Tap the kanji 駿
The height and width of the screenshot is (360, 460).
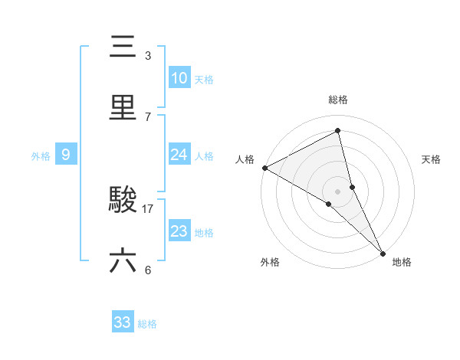tap(123, 201)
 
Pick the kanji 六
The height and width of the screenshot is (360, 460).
tap(123, 261)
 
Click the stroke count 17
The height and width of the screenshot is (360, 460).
tap(148, 208)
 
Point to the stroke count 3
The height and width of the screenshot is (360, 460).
tap(148, 55)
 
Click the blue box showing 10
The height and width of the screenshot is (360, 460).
tap(179, 78)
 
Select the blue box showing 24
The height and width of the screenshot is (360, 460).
tap(179, 155)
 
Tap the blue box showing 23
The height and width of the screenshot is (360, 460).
tap(179, 231)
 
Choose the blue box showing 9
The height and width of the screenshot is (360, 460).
tap(66, 155)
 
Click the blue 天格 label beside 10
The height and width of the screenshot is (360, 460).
tap(204, 80)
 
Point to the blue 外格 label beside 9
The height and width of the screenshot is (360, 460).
tap(41, 156)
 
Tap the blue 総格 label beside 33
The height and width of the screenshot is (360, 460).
tap(147, 324)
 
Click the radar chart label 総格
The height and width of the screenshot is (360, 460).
tap(338, 100)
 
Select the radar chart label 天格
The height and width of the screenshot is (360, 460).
tap(431, 159)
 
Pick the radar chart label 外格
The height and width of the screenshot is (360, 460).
tap(270, 262)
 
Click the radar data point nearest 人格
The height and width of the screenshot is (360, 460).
tap(264, 168)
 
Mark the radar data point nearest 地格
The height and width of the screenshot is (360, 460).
tap(383, 252)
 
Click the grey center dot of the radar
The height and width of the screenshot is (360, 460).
tap(338, 191)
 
